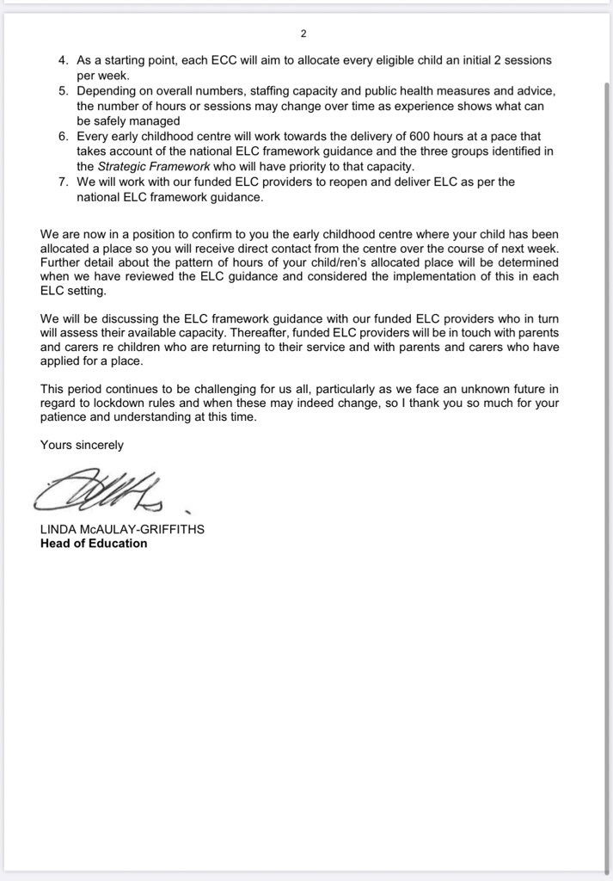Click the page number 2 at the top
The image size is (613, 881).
pyautogui.click(x=303, y=34)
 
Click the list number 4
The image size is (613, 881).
pyautogui.click(x=63, y=61)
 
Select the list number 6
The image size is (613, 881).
pyautogui.click(x=63, y=137)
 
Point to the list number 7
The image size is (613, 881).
pyautogui.click(x=63, y=182)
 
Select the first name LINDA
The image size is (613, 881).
pyautogui.click(x=57, y=529)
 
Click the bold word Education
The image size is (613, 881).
pyautogui.click(x=119, y=544)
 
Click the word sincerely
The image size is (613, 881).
pyautogui.click(x=98, y=445)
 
